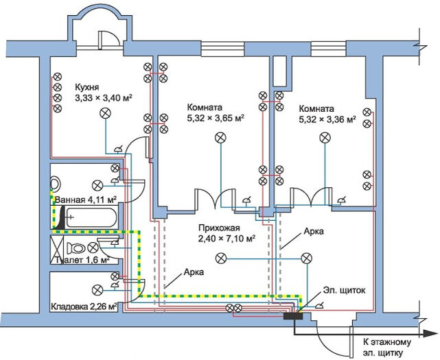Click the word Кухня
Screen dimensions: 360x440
coord(86,88)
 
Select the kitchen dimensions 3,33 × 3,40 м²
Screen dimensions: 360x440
coord(103,98)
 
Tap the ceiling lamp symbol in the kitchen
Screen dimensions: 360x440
coord(106,115)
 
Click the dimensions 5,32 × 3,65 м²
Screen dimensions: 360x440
coord(216,118)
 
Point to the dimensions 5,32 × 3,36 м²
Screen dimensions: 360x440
coord(327,119)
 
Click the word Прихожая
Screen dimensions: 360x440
coord(213,228)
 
